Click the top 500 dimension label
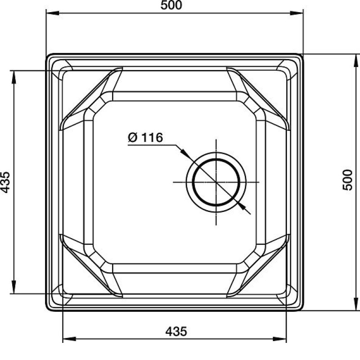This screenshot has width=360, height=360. tap(171, 5)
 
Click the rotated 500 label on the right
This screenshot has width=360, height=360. tap(347, 180)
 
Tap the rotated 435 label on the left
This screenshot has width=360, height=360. tap(5, 182)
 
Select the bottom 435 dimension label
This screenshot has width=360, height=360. tap(176, 332)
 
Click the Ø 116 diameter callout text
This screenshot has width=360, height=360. tap(145, 137)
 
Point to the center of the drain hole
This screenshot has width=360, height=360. tap(216, 182)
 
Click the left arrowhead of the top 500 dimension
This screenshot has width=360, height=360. tap(53, 13)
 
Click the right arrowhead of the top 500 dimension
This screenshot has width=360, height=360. tap(297, 13)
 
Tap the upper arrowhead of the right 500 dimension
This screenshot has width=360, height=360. tap(356, 61)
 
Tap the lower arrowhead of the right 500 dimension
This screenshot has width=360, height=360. tap(356, 304)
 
